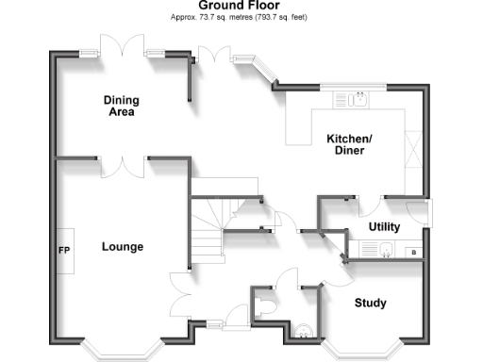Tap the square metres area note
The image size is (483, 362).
click(239, 18)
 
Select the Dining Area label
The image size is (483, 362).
click(120, 106)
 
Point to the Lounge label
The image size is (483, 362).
click(123, 248)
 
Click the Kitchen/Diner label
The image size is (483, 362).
click(349, 145)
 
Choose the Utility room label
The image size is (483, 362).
click(384, 227)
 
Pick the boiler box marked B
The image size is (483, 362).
click(414, 252)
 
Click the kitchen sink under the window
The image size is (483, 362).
click(358, 97)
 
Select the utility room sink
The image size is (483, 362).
click(388, 251)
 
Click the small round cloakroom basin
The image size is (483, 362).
click(303, 330)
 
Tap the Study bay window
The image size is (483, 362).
click(367, 348)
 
